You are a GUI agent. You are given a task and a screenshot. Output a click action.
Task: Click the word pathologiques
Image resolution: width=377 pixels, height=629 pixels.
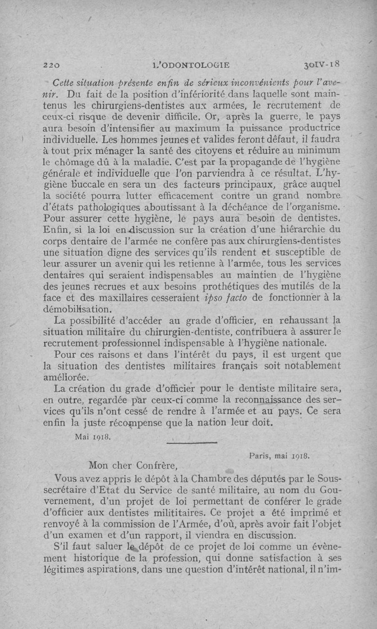97,207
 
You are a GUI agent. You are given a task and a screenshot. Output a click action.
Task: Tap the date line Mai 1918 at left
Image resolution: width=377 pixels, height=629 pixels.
92,436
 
